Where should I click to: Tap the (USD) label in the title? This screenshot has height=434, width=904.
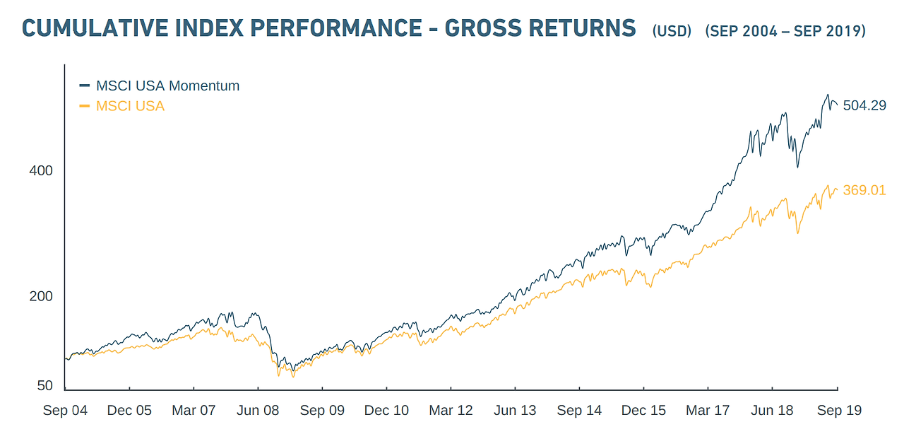(x=672, y=31)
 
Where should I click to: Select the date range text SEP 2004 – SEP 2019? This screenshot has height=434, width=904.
(x=785, y=31)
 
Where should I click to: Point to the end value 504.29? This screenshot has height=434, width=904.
(x=864, y=106)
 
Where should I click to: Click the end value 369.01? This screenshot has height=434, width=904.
(x=864, y=190)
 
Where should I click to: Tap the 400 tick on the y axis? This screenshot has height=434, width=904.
(x=41, y=171)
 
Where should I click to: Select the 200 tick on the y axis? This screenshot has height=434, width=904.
(x=41, y=296)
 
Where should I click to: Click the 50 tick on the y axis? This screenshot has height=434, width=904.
(x=44, y=385)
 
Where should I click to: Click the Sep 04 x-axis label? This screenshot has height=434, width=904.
(x=65, y=411)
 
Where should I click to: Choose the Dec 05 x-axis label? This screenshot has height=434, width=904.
(x=129, y=411)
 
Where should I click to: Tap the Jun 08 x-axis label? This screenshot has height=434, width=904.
(x=258, y=411)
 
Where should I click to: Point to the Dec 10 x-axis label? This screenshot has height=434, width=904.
(x=386, y=411)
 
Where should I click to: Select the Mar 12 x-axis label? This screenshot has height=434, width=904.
(x=451, y=411)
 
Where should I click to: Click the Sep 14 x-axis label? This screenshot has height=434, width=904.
(x=579, y=411)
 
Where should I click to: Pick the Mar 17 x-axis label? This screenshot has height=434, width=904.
(x=708, y=411)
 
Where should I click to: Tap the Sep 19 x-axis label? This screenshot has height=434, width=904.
(x=838, y=411)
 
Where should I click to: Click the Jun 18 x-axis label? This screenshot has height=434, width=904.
(x=772, y=411)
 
